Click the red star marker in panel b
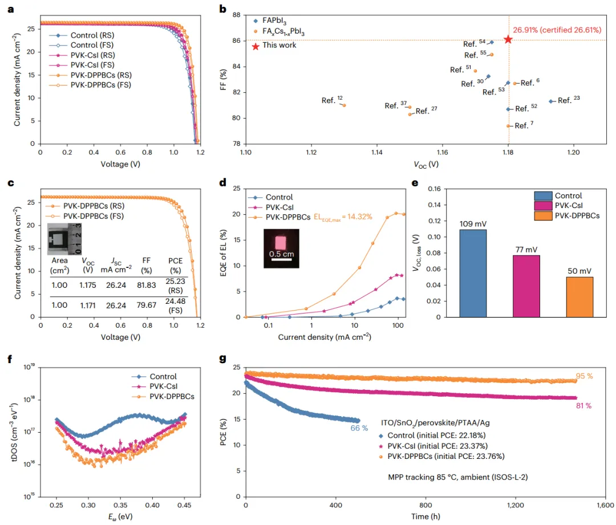coord(508,39)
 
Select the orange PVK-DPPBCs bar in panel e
coord(579,297)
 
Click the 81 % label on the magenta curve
coord(585,406)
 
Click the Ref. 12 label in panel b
coord(331,100)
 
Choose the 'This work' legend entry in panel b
coord(279,45)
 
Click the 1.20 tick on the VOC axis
coord(573,153)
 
